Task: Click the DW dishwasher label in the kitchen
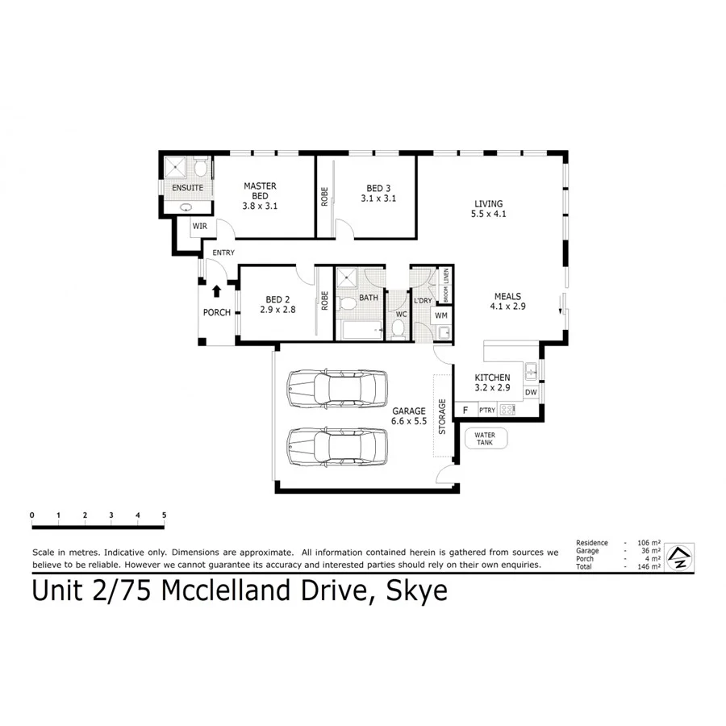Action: (530, 393)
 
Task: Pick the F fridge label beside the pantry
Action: (465, 411)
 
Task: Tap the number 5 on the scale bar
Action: (164, 515)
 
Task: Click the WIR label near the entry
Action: (200, 227)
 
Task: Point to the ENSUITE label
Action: (187, 188)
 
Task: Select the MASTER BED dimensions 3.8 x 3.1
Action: (260, 207)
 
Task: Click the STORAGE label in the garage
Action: (441, 416)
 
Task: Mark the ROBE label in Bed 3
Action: (324, 198)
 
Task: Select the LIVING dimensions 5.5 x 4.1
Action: (489, 214)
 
